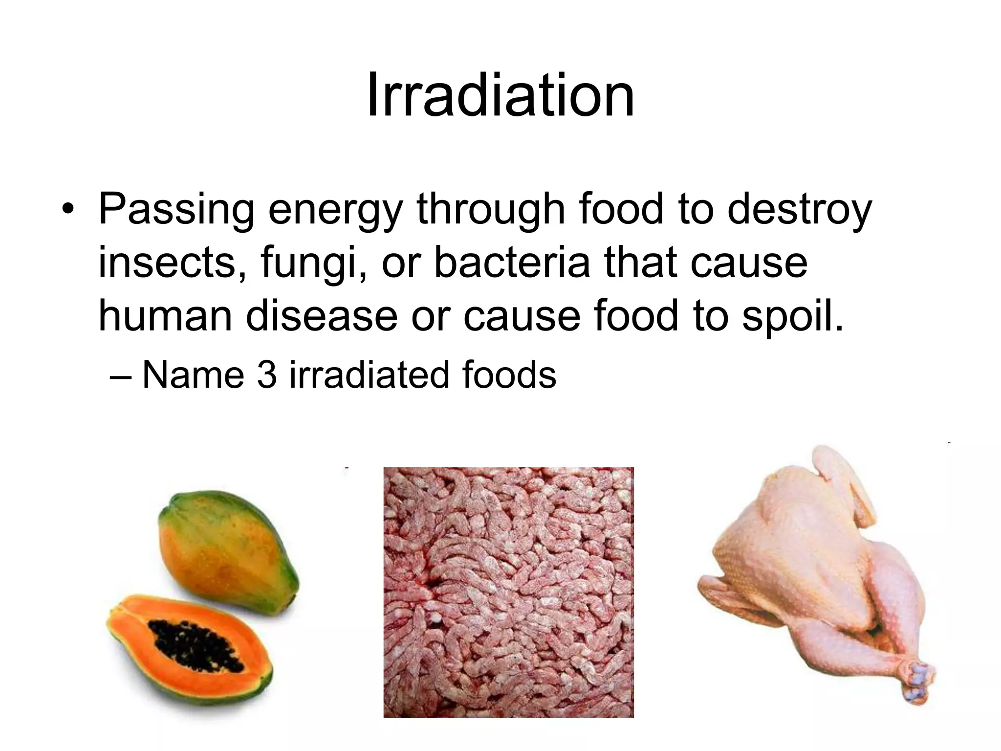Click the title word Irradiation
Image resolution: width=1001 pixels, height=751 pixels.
[x=500, y=95]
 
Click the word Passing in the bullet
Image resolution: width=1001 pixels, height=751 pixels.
[x=176, y=209]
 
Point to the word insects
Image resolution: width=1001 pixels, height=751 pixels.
[x=166, y=263]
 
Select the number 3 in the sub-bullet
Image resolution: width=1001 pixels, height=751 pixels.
[x=267, y=375]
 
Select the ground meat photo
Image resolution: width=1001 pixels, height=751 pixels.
[x=508, y=592]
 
